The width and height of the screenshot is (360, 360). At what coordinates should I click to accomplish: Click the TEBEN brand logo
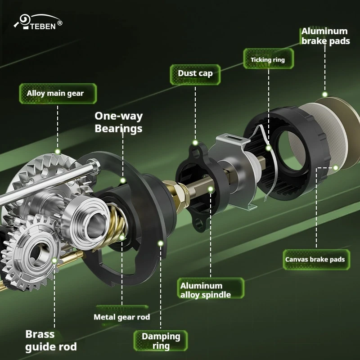click(38, 22)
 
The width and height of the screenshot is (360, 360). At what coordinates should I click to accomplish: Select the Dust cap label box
click(195, 74)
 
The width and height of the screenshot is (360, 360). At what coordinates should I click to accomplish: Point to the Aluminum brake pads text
click(325, 36)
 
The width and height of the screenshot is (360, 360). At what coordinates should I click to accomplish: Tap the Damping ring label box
click(161, 341)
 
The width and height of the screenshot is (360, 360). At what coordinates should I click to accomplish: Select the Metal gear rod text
click(121, 317)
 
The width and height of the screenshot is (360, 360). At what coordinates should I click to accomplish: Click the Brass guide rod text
click(51, 341)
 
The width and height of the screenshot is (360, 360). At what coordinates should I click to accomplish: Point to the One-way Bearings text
click(118, 122)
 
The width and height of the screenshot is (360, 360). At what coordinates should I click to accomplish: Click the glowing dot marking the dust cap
click(195, 143)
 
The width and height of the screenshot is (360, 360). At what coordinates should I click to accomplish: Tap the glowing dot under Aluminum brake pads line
click(324, 94)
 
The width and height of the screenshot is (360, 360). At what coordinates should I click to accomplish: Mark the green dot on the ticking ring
click(268, 148)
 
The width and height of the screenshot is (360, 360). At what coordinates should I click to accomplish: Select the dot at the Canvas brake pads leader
click(335, 168)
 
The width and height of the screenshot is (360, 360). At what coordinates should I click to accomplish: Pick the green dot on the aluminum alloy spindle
click(211, 189)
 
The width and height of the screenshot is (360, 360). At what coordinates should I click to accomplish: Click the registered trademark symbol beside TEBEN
click(60, 23)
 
